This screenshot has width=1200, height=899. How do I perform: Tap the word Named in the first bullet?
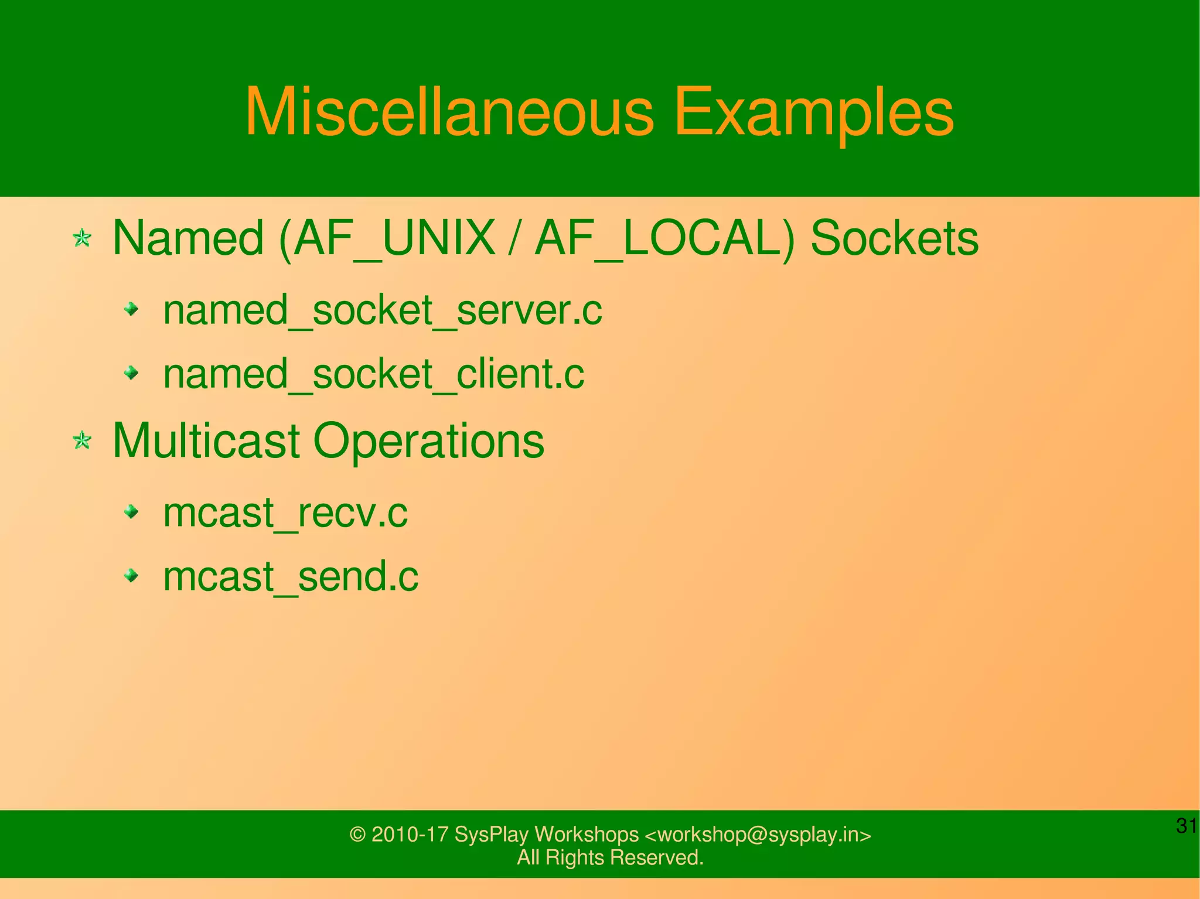(187, 238)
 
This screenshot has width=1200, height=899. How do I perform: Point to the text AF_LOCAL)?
(665, 239)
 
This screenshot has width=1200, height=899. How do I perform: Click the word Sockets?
(894, 238)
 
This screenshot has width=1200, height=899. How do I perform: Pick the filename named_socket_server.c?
(382, 310)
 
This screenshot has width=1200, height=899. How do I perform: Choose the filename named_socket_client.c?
(373, 374)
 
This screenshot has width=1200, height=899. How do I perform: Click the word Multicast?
(206, 440)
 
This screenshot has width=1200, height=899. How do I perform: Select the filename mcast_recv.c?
(285, 513)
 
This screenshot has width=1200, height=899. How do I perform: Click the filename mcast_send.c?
(290, 576)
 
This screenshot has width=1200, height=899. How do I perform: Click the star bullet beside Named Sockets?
(82, 238)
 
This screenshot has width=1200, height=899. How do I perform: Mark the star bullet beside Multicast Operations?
(82, 440)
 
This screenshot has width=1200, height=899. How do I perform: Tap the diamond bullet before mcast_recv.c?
(132, 512)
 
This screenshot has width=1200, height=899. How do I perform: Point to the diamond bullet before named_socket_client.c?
(132, 372)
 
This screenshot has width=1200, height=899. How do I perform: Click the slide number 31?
(1186, 826)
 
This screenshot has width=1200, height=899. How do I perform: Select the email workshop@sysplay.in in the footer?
(759, 835)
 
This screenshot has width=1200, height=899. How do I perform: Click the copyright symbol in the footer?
(357, 835)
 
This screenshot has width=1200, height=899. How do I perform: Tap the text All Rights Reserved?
(610, 857)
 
